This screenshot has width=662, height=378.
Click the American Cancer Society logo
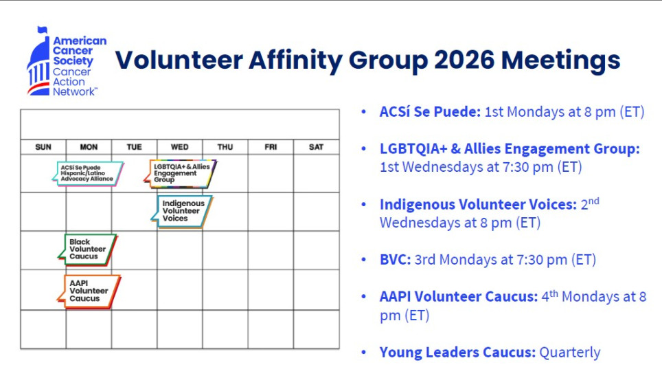point(67,62)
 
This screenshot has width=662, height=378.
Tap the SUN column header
point(43,147)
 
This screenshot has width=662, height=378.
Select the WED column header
point(179,147)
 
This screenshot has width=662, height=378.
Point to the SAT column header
point(316,147)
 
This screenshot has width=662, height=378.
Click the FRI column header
point(271,147)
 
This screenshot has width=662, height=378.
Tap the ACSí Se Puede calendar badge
point(88,173)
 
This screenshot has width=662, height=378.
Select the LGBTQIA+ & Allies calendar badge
point(180,173)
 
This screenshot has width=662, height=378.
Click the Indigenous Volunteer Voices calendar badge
point(182,211)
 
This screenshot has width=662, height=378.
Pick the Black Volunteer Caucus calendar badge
point(88,249)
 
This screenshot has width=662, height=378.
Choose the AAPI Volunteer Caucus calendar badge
point(89,291)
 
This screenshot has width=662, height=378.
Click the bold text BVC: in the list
point(395,259)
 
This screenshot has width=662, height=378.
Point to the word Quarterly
point(570,353)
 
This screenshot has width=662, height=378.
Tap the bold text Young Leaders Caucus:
point(457,353)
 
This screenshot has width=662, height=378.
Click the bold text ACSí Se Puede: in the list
point(430,112)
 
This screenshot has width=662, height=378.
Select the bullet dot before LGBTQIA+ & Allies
point(364,149)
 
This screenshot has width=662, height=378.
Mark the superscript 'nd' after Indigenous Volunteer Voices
point(594,201)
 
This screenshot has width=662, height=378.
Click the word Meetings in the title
point(560,60)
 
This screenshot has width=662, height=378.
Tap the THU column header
point(225,147)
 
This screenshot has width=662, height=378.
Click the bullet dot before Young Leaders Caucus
point(364,353)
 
